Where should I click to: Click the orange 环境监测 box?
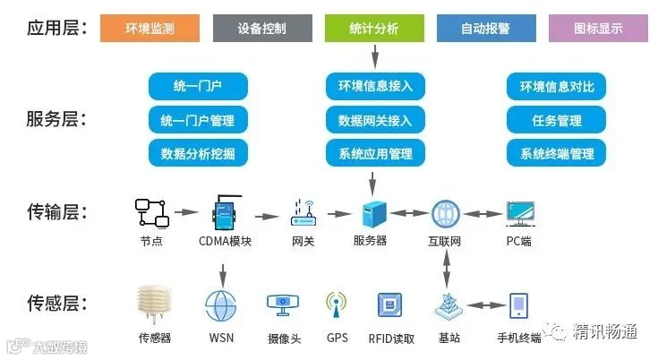[150, 28]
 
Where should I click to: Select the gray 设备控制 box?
[262, 28]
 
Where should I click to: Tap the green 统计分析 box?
[374, 28]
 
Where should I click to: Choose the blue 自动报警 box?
[486, 28]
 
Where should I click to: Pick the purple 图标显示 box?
[598, 28]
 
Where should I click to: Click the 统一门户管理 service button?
[198, 120]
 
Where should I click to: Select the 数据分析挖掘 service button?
[198, 153]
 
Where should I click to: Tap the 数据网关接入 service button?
[375, 120]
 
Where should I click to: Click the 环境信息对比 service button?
[557, 87]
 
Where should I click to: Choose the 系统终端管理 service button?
[557, 153]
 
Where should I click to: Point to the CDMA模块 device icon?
[226, 212]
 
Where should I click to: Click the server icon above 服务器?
[374, 214]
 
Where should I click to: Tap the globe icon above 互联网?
[446, 214]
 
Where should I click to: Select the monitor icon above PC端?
[520, 214]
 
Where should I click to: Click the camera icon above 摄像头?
[283, 305]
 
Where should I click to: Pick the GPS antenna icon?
[336, 304]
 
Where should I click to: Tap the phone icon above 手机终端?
[518, 306]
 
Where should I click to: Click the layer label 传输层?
[57, 211]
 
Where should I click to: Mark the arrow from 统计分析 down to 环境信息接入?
[375, 56]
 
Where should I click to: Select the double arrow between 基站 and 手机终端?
[486, 305]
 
